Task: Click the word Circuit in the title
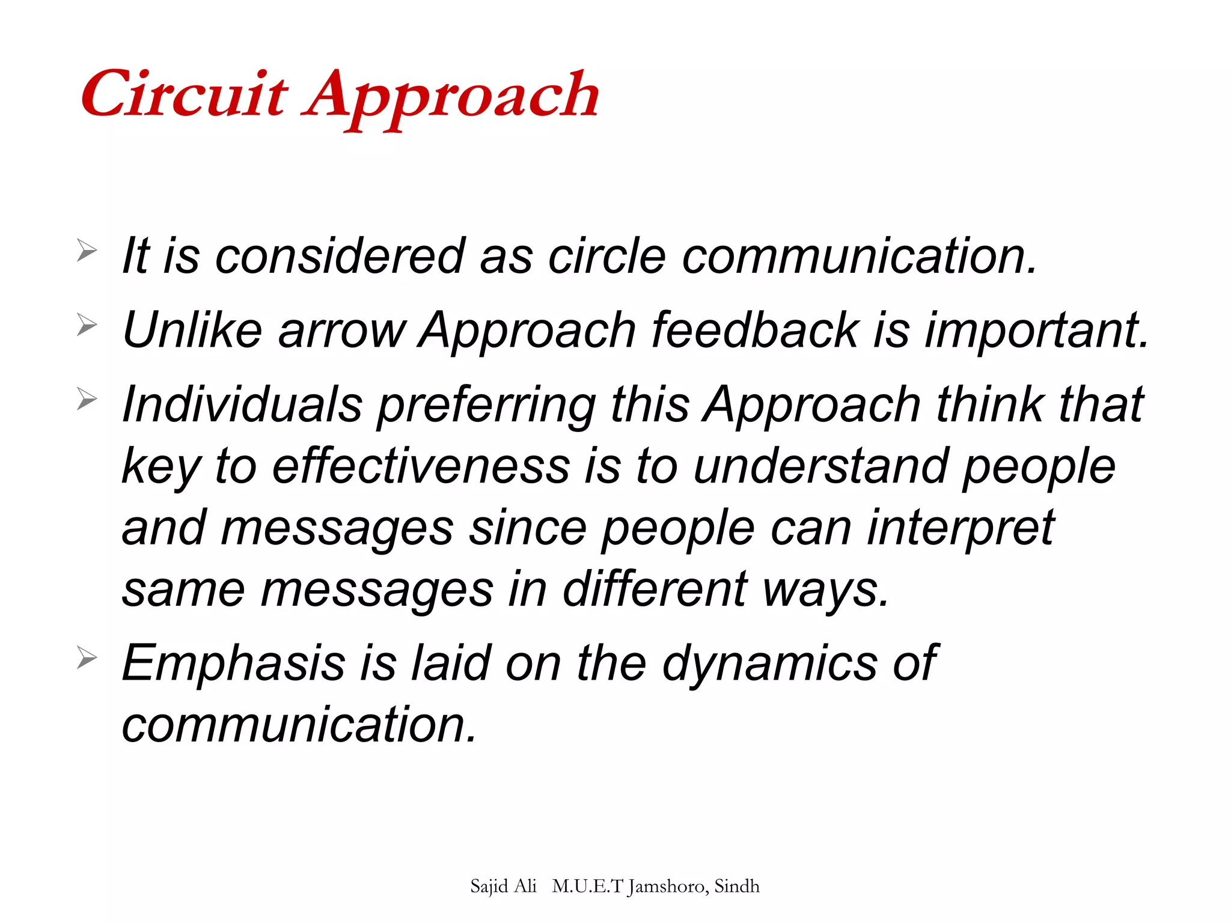coord(183,95)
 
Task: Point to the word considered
coord(340,256)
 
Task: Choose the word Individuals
coord(242,404)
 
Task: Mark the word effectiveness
coord(421,466)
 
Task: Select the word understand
coord(820,466)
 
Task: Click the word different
coord(655,589)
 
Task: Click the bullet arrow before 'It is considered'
coord(87,251)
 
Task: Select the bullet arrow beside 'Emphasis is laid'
coord(87,659)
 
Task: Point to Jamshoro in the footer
coord(667,887)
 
